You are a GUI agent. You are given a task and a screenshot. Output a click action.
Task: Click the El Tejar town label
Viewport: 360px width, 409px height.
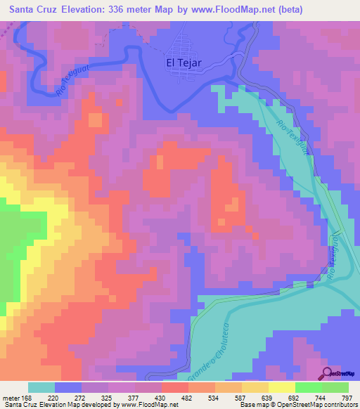[184, 63]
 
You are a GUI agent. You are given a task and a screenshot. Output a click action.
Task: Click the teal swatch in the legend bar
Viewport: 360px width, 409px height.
[41, 387]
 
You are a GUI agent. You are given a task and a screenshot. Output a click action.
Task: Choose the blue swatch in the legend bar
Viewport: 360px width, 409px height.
[67, 387]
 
